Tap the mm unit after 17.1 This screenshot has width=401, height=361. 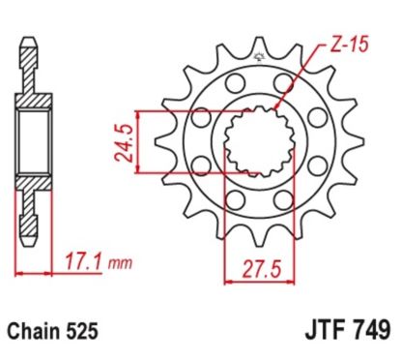[x=117, y=262]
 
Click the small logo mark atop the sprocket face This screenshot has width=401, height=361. [x=259, y=60]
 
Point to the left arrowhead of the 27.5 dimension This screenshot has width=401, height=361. [x=226, y=282]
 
